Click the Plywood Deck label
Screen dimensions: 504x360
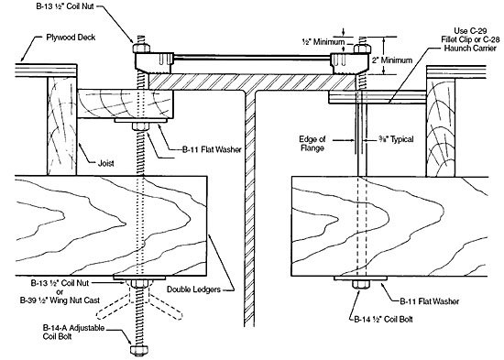tap(71, 38)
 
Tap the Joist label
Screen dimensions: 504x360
tap(106, 163)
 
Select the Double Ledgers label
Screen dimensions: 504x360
tap(193, 289)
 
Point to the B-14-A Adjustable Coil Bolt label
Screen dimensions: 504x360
tap(73, 332)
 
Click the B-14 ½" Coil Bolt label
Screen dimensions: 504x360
tap(383, 319)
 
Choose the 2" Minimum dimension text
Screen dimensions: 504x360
tap(392, 60)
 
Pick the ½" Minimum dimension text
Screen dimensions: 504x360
tap(323, 42)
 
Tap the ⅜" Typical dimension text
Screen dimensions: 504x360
tap(396, 139)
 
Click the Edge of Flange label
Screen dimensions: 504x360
tap(312, 144)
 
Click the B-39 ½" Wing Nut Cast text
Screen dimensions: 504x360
tap(60, 300)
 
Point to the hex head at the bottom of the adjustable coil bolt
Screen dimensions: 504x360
tap(139, 350)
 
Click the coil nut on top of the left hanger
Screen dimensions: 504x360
tap(141, 49)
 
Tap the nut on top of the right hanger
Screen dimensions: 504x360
tap(362, 49)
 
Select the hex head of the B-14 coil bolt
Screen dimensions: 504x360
tap(361, 285)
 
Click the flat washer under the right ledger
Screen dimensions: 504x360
tap(360, 278)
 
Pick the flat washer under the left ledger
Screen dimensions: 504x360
tap(139, 278)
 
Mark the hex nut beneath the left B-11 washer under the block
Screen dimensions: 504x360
tap(140, 126)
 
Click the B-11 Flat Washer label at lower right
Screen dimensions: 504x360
tap(430, 301)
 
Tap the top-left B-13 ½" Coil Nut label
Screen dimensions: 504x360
tap(65, 6)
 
